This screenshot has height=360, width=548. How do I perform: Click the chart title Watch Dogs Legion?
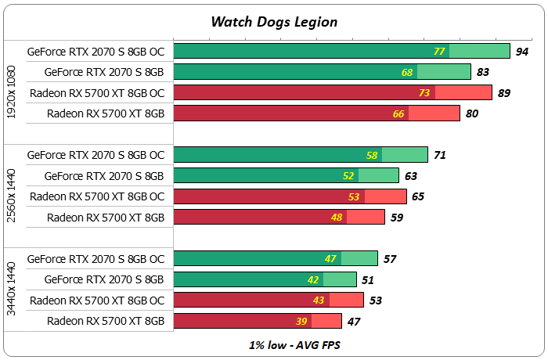tap(274, 21)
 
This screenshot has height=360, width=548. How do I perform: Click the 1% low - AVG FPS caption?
tap(273, 344)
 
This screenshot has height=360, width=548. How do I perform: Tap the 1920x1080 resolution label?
tap(11, 82)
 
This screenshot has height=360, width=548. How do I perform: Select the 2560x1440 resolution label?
tap(11, 186)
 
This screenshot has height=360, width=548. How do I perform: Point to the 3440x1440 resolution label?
tap(11, 290)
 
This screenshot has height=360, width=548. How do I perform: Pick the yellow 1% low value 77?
tap(439, 52)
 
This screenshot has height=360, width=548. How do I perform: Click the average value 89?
tap(504, 93)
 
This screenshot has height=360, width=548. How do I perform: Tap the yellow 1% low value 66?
tap(398, 113)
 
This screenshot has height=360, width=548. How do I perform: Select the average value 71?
tap(440, 155)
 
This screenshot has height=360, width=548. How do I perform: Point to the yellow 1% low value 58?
tap(372, 155)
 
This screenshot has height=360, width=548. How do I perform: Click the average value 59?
tap(397, 217)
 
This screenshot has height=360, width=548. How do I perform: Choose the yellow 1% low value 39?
tap(302, 321)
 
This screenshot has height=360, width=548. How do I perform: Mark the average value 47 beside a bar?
tap(354, 321)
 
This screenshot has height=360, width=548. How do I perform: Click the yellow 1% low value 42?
tap(314, 279)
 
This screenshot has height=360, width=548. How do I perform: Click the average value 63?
tap(411, 175)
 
